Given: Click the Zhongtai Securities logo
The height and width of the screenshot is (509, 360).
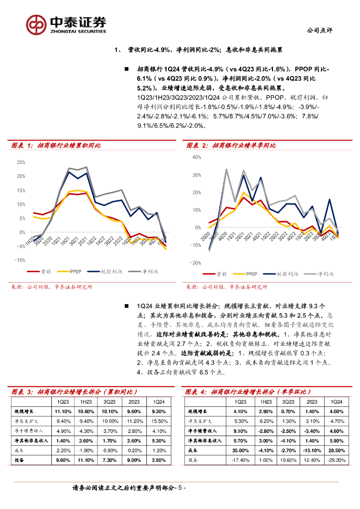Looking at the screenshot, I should (x=67, y=23).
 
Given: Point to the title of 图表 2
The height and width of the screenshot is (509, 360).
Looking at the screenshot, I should (x=231, y=146).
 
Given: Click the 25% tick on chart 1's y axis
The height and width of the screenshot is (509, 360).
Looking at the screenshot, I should (x=21, y=163).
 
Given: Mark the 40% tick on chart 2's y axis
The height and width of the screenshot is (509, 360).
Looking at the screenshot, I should (x=196, y=157).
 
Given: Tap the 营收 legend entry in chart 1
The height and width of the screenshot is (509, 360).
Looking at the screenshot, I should (x=44, y=271).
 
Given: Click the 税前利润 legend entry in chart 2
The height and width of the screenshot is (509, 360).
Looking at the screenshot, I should (x=286, y=274).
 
